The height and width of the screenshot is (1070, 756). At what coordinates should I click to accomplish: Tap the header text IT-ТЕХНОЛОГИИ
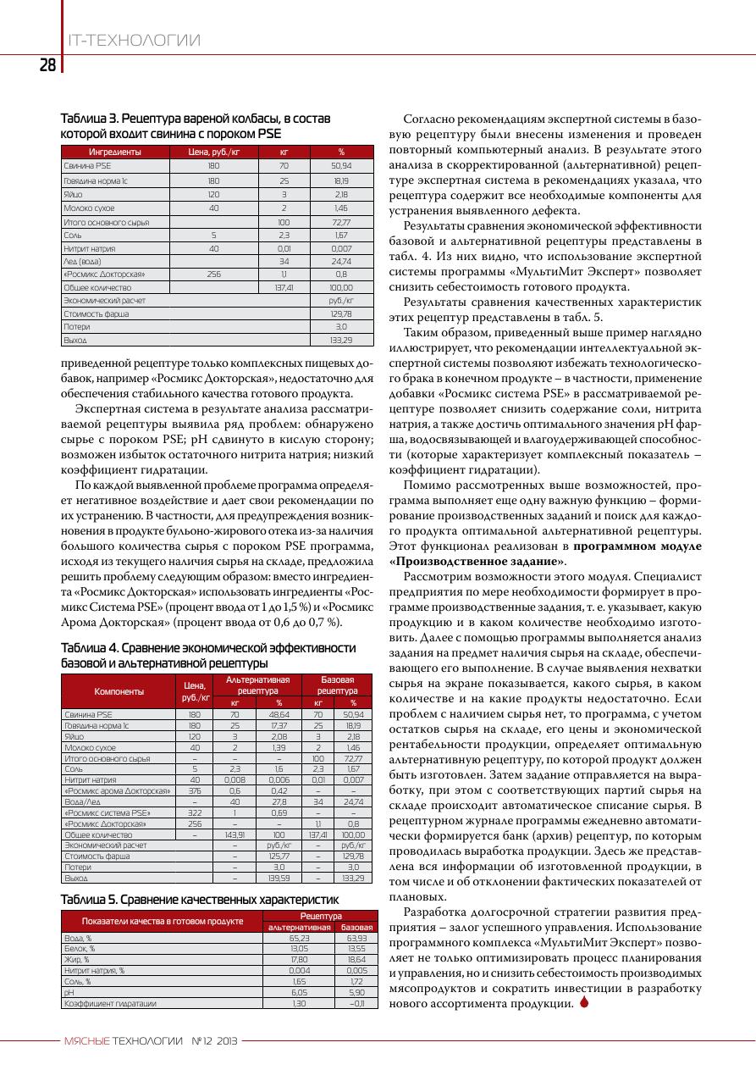(x=134, y=41)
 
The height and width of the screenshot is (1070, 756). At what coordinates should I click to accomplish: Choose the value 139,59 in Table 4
(x=279, y=878)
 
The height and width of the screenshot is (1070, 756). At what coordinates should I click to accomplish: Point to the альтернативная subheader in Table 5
(x=298, y=928)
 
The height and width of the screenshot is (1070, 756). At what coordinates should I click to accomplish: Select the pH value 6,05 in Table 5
(x=300, y=991)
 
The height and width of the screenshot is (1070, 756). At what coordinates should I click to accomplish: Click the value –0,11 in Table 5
(x=356, y=1003)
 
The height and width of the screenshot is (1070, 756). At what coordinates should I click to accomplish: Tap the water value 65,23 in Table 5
(x=300, y=939)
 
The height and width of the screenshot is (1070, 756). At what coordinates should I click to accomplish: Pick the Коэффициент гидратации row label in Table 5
(x=111, y=1003)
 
